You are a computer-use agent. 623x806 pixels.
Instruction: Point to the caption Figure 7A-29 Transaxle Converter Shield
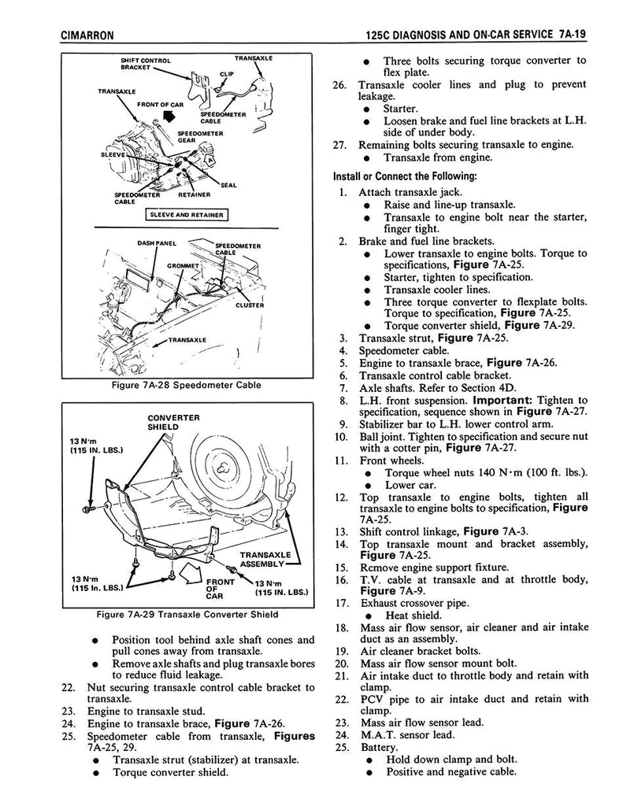(186, 615)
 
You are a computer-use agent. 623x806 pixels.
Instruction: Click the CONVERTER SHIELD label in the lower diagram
(173, 422)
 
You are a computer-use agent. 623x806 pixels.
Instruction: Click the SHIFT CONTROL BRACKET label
(145, 64)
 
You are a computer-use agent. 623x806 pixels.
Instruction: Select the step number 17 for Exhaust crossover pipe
(340, 603)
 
